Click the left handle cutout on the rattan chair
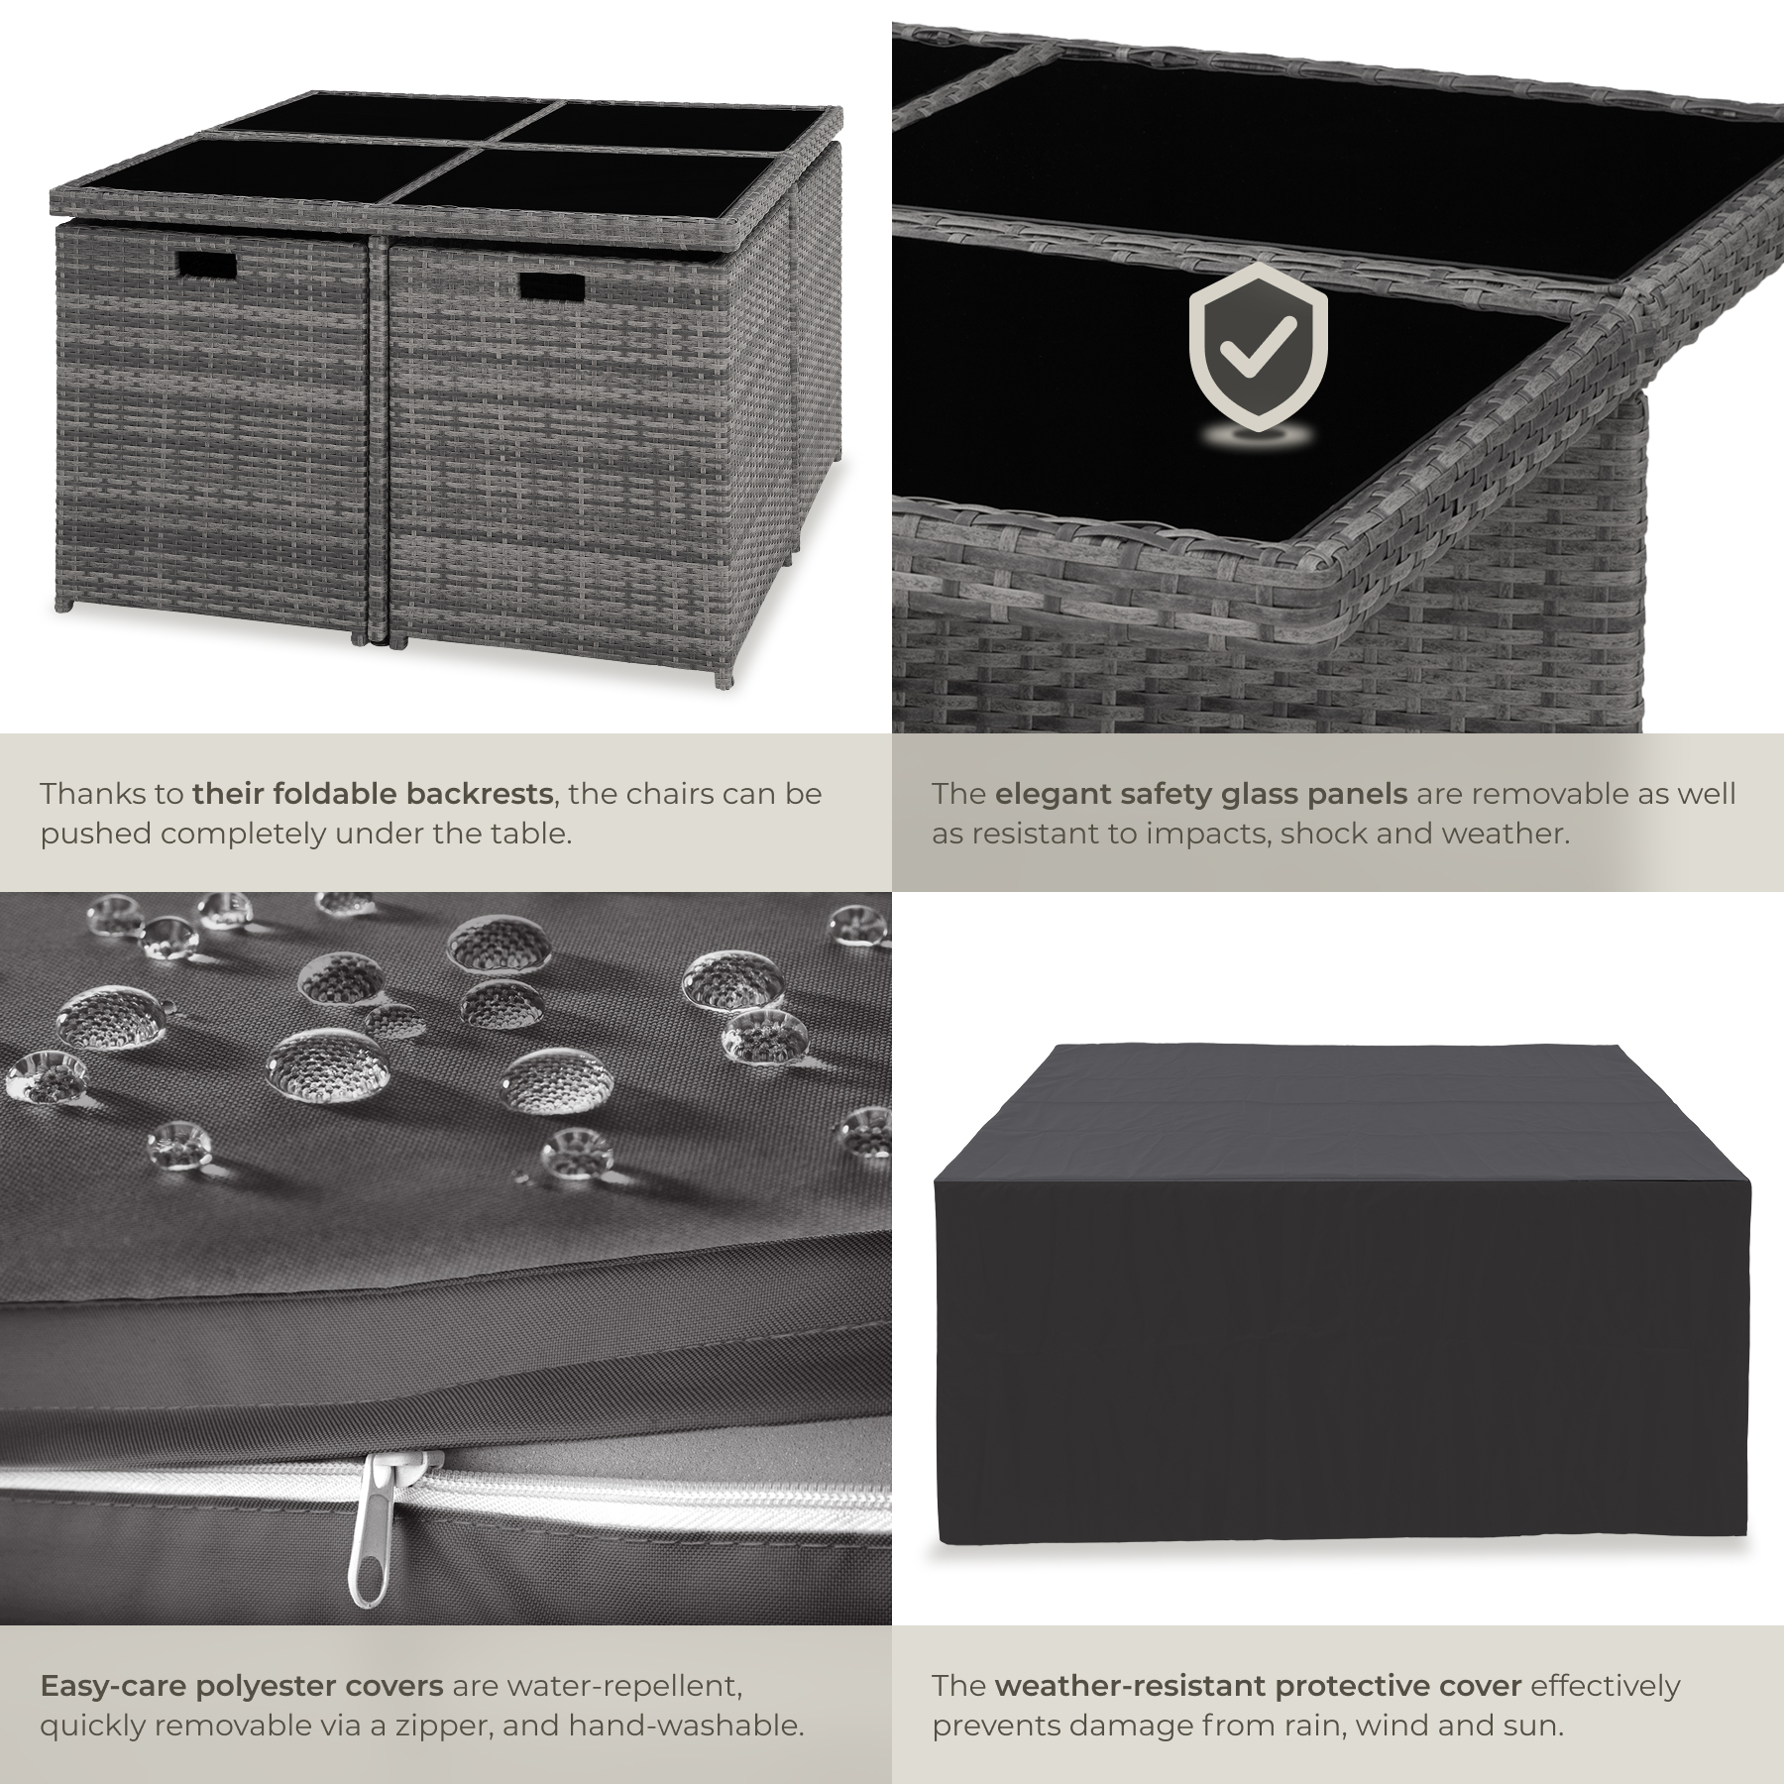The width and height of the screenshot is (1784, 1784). [208, 266]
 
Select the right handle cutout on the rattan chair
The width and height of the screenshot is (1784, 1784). [552, 285]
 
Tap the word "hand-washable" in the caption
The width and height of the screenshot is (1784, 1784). [685, 1726]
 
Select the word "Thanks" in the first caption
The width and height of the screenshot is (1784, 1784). [98, 793]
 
